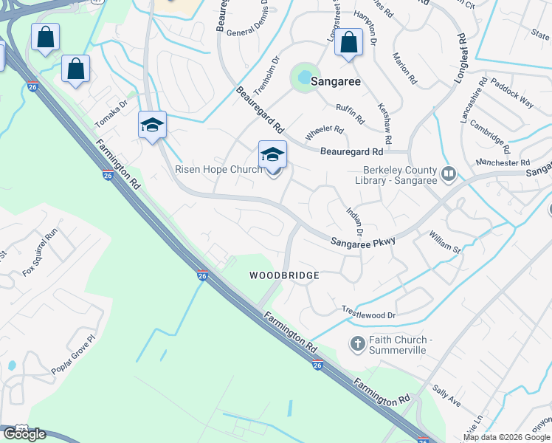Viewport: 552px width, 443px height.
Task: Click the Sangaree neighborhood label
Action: (x=335, y=81)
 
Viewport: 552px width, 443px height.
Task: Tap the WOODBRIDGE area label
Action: (x=284, y=275)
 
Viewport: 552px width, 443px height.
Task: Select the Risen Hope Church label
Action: (x=218, y=169)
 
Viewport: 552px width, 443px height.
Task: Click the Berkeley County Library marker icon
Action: (x=449, y=174)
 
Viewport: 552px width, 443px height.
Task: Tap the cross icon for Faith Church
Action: (x=357, y=343)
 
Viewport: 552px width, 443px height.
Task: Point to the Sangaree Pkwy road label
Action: (x=363, y=241)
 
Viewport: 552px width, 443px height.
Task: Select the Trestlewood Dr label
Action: (x=368, y=314)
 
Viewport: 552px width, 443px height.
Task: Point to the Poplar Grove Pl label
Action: (x=74, y=355)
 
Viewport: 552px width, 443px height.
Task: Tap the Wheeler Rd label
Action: (x=325, y=131)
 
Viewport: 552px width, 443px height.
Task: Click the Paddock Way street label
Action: (x=511, y=92)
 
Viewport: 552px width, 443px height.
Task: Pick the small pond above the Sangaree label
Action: (x=303, y=76)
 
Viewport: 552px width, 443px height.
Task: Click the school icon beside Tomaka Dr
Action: (x=152, y=125)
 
